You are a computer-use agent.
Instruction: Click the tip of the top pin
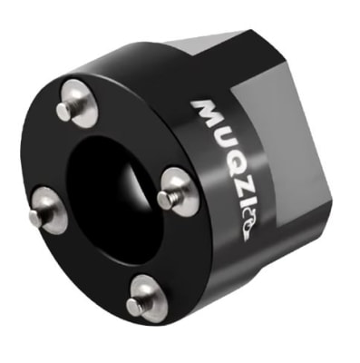62,111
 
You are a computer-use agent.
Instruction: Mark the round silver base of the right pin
179,191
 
